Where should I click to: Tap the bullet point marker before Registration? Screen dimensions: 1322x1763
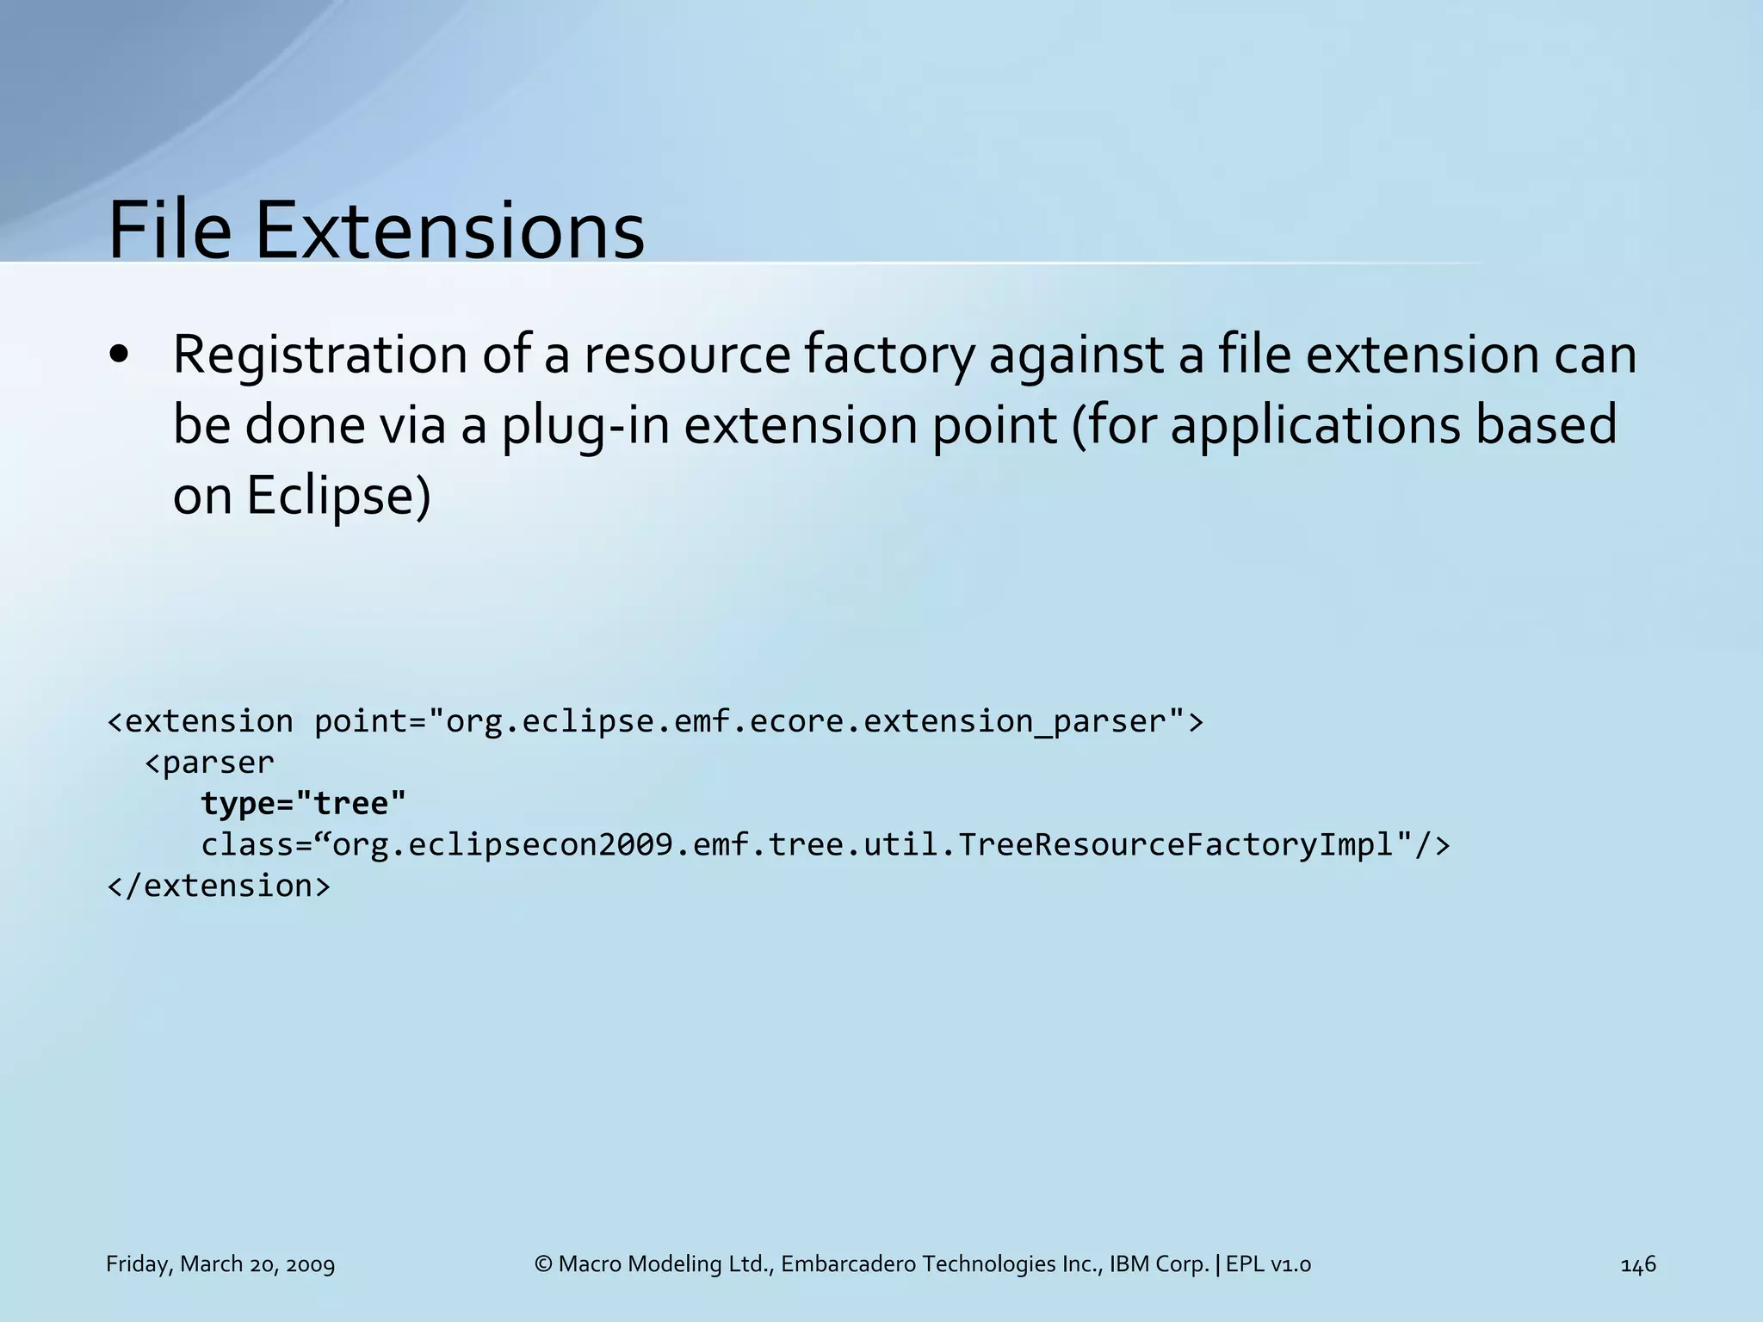pyautogui.click(x=120, y=355)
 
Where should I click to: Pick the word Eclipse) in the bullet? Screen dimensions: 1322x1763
pyautogui.click(x=338, y=497)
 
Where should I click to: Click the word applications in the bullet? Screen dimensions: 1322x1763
pyautogui.click(x=1315, y=425)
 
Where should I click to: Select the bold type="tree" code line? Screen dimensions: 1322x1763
pyautogui.click(x=303, y=803)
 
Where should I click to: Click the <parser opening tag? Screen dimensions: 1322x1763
pyautogui.click(x=209, y=763)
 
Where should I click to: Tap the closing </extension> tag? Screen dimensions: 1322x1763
pyautogui.click(x=219, y=886)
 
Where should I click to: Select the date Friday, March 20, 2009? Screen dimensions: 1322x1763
pyautogui.click(x=220, y=1264)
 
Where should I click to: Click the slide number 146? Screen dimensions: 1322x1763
pyautogui.click(x=1637, y=1264)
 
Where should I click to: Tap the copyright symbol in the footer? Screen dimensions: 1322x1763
pyautogui.click(x=543, y=1264)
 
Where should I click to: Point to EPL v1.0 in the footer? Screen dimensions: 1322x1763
pyautogui.click(x=1268, y=1264)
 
